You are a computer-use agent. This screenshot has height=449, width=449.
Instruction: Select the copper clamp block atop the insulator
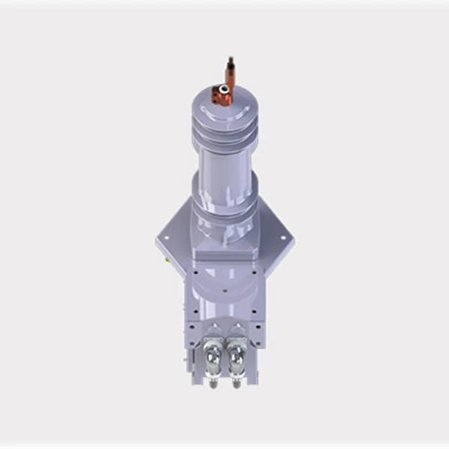[222, 94]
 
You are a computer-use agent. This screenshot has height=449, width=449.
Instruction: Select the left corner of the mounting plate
[160, 242]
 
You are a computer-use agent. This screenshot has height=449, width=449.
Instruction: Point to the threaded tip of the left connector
[213, 383]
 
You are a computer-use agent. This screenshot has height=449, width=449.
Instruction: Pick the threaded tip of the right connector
[238, 383]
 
